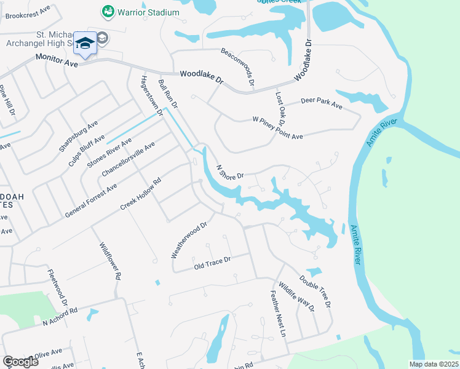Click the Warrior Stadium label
click(x=149, y=12)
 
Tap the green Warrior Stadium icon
click(x=108, y=12)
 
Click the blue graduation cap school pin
click(x=85, y=42)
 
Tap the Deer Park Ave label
click(x=321, y=103)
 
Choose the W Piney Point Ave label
click(x=278, y=127)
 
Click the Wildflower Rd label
click(x=109, y=260)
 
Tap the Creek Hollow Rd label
click(x=140, y=194)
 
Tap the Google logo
click(x=20, y=362)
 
